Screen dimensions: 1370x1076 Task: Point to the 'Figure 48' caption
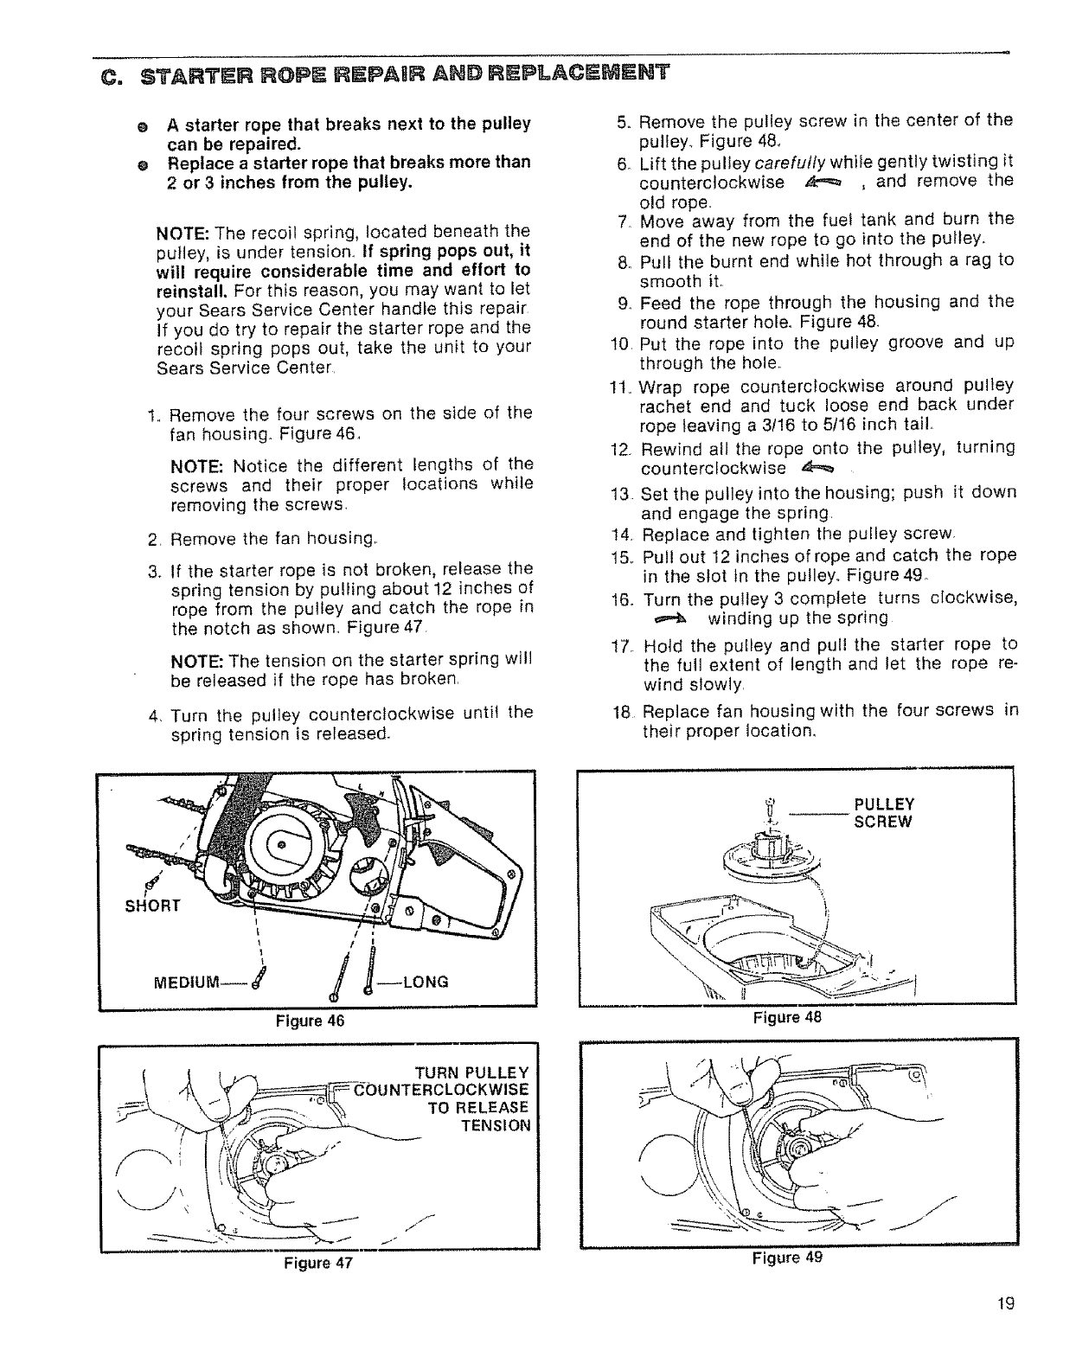click(786, 1018)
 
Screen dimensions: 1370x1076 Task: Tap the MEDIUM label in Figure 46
click(184, 982)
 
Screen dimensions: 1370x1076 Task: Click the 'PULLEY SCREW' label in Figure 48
click(883, 812)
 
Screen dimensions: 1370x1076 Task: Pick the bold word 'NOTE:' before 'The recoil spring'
click(183, 232)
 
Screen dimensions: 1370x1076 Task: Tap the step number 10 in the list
click(622, 343)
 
